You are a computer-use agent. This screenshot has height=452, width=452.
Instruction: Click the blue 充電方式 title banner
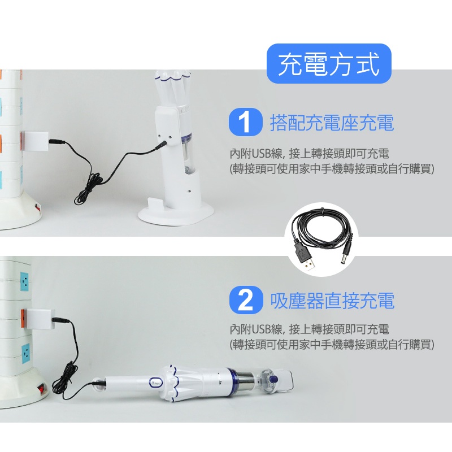[x=329, y=64]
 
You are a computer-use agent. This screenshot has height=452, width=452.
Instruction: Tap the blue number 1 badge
[x=245, y=122]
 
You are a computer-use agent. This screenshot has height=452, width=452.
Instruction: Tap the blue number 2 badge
[x=246, y=300]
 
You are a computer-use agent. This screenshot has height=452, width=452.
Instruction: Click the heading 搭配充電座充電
[x=332, y=123]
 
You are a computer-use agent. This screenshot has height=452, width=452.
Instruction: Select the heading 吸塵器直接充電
[x=332, y=301]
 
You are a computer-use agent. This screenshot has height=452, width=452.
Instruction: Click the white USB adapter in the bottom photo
[x=40, y=319]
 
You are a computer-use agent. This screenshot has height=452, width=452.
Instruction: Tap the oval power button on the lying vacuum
[x=155, y=383]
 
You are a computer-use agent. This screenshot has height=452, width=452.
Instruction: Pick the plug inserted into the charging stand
[x=162, y=145]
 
